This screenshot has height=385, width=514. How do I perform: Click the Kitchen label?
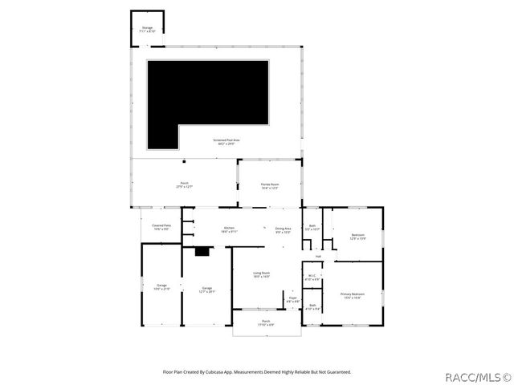coord(229,229)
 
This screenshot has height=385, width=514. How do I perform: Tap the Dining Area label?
coord(283,230)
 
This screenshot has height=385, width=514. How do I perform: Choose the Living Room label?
coord(262,274)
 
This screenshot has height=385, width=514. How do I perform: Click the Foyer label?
coord(292,300)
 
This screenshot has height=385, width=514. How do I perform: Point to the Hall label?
coord(318,257)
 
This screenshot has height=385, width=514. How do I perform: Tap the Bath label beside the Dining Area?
coord(312,227)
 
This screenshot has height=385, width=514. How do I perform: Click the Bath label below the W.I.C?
coord(312,308)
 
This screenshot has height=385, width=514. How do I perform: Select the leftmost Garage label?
coord(161,286)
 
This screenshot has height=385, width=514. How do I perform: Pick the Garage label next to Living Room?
coord(206,290)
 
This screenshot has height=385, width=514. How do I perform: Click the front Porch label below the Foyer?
coord(265,323)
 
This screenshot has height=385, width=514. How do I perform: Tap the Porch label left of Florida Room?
coord(184,184)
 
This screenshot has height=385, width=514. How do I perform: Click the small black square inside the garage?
coord(202,252)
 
